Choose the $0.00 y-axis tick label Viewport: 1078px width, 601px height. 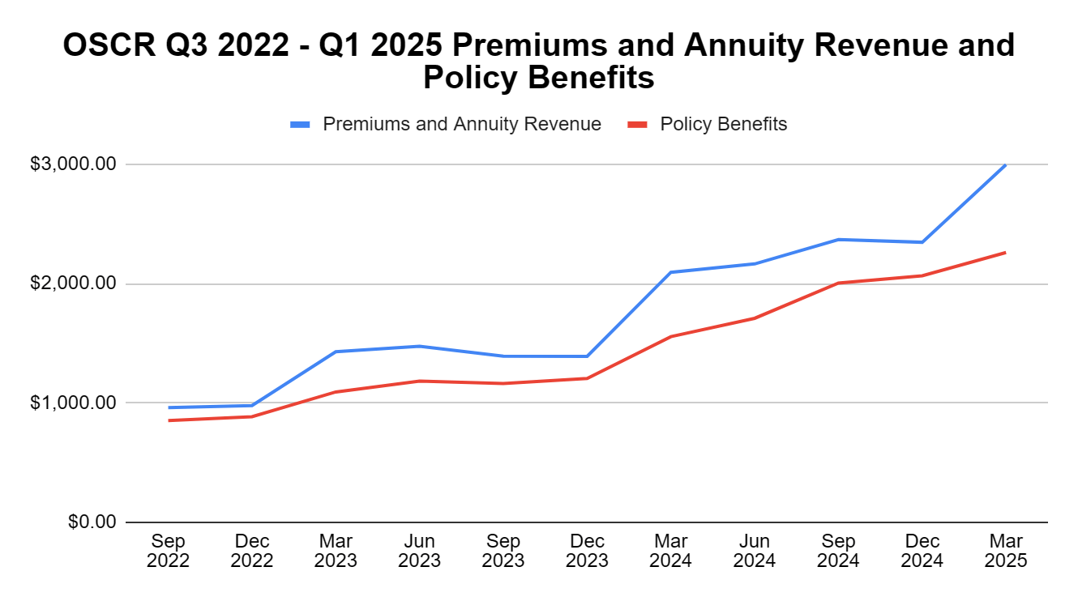click(90, 522)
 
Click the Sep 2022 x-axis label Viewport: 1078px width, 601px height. click(168, 551)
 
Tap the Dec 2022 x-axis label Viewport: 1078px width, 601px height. click(252, 551)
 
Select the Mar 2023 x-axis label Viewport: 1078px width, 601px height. click(336, 551)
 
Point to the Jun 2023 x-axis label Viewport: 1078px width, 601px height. click(419, 551)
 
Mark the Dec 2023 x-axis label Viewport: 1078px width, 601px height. click(587, 551)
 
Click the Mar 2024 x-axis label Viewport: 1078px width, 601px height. click(670, 551)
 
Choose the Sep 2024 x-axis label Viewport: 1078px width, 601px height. click(838, 551)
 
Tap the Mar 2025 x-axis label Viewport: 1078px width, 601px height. click(1006, 551)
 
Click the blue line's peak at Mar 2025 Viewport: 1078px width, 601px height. click(1005, 165)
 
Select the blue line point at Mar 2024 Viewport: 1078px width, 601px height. click(670, 272)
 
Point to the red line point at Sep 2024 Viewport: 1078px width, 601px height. click(838, 283)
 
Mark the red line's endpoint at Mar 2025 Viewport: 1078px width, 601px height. click(1005, 253)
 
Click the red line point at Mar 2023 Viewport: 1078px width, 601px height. click(336, 392)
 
